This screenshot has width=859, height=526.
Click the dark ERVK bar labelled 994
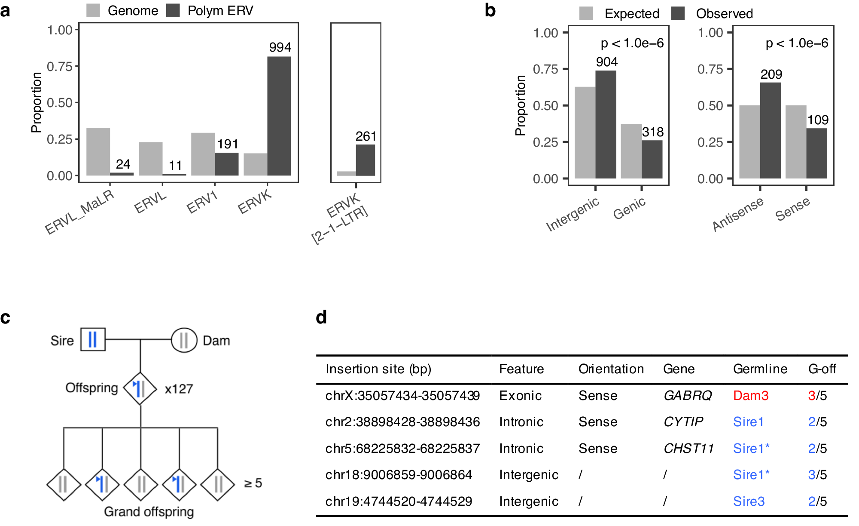[279, 116]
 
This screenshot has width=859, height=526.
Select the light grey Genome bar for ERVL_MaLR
[98, 151]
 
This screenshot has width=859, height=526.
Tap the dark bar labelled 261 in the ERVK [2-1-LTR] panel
[365, 160]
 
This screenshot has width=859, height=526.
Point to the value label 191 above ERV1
[228, 144]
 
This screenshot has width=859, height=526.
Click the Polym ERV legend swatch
[173, 11]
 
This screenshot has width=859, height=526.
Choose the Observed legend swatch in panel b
[678, 14]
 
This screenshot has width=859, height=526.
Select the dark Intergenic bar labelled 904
[606, 125]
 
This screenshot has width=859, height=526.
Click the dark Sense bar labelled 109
[816, 153]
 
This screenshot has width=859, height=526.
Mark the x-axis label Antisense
[738, 214]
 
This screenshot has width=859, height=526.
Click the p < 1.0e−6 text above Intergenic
[632, 43]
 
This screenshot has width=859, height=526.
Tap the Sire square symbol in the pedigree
[93, 339]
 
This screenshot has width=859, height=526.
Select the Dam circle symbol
[184, 340]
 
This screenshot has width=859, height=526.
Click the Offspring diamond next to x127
[140, 388]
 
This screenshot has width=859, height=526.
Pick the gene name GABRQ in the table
[687, 396]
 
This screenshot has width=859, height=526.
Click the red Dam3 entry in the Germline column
[750, 396]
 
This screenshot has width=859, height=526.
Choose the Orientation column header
[611, 369]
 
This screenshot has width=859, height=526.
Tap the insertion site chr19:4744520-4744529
[399, 501]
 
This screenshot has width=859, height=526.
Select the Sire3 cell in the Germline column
[749, 501]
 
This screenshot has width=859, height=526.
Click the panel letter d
[321, 317]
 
